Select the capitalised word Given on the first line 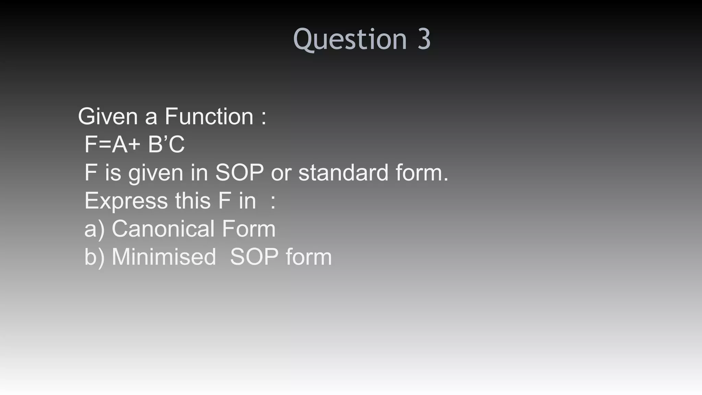[x=108, y=117]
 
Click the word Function [x=209, y=117]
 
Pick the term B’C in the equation [x=166, y=144]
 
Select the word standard [x=343, y=172]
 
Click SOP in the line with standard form [x=239, y=172]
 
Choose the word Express [x=126, y=201]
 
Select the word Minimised [x=164, y=257]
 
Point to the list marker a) [x=94, y=229]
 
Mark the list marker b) [x=94, y=257]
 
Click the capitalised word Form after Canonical [x=249, y=229]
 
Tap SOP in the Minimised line [x=254, y=257]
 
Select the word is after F [x=113, y=172]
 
